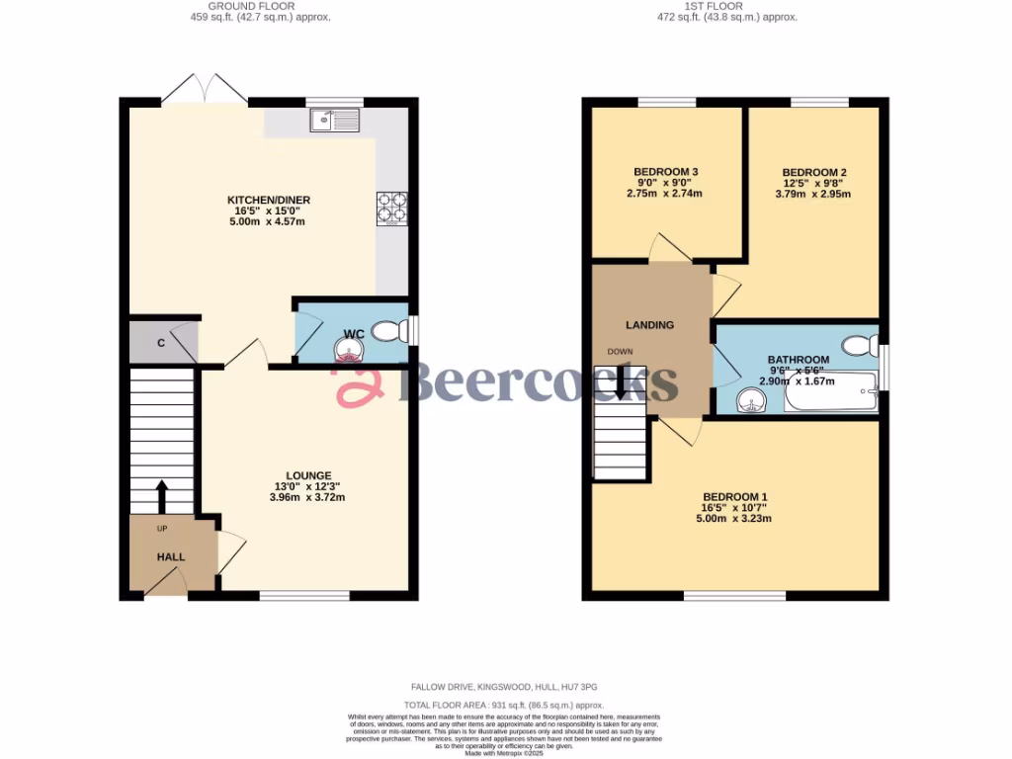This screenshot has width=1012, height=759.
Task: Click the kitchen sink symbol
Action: [x=335, y=121]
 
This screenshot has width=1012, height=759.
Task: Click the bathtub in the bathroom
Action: [x=830, y=396]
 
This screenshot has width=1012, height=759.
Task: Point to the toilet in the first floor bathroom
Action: [x=861, y=345]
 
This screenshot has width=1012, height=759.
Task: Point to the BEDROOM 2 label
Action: [x=813, y=172]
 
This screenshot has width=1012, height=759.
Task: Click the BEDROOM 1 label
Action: [x=734, y=497]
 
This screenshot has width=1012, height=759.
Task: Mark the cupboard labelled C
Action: [x=160, y=343]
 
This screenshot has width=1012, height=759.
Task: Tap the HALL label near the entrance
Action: [x=170, y=557]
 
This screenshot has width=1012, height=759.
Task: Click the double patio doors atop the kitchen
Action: [x=205, y=90]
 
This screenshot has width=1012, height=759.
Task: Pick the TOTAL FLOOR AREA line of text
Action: [x=505, y=706]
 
